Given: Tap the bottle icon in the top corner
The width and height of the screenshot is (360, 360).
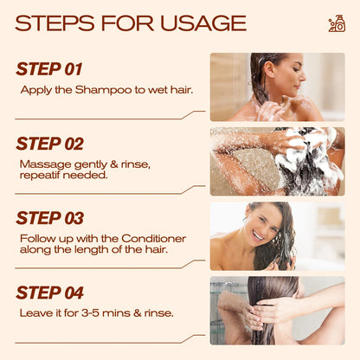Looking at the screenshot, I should pos(337,23).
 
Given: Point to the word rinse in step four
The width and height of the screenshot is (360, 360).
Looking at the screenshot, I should pos(159,312).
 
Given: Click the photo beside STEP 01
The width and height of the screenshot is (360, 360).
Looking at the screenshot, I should pos(277,87).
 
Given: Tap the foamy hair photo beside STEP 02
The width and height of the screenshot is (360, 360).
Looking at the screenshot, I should pos(277,161).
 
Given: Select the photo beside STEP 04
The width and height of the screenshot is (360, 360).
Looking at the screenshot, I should pos(277,310).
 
